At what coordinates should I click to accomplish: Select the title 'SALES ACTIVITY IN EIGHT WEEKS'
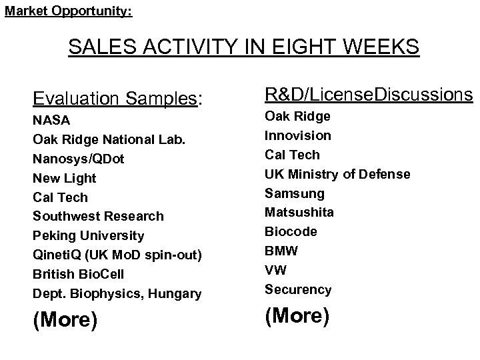coord(244,48)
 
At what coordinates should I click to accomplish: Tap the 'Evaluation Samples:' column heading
coord(117,99)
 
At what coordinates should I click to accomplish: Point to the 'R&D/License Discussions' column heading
coord(369,95)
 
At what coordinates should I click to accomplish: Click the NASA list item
coord(51,121)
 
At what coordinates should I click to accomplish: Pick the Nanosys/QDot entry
coord(78,159)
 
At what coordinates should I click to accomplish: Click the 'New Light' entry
coord(64,178)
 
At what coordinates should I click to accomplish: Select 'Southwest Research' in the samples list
coord(97,217)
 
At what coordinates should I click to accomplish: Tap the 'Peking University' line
coord(88,235)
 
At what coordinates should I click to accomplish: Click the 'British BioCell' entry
coord(78,274)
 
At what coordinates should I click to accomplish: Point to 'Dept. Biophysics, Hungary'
coord(117,293)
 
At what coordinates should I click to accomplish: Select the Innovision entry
coord(297,135)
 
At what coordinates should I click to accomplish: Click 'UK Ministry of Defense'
coord(337,174)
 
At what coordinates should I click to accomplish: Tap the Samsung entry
coord(294,193)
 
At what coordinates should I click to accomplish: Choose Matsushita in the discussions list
coord(299,212)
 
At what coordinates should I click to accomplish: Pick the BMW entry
coord(281,251)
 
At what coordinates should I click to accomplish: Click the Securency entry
coord(297,289)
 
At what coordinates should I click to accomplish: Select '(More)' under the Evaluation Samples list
coord(65,320)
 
